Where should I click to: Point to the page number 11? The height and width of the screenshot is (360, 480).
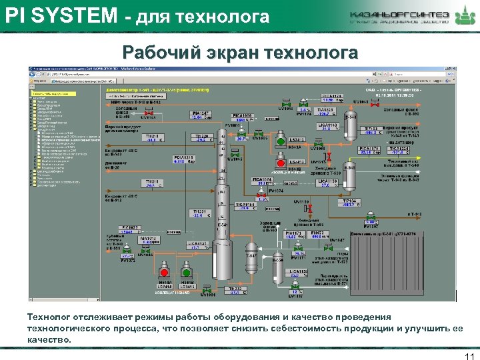(467, 351)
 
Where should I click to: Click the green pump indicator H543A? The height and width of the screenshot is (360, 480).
(281, 142)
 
